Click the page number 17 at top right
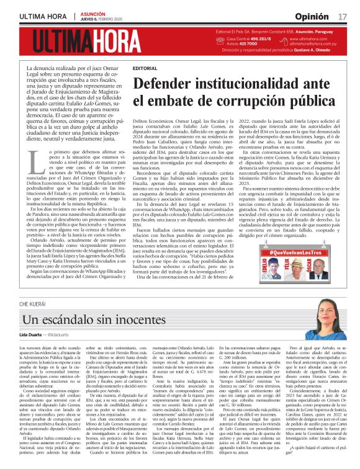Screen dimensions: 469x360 (343, 14)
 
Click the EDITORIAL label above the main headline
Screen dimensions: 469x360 (145, 68)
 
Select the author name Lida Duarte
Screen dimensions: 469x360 (34, 335)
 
